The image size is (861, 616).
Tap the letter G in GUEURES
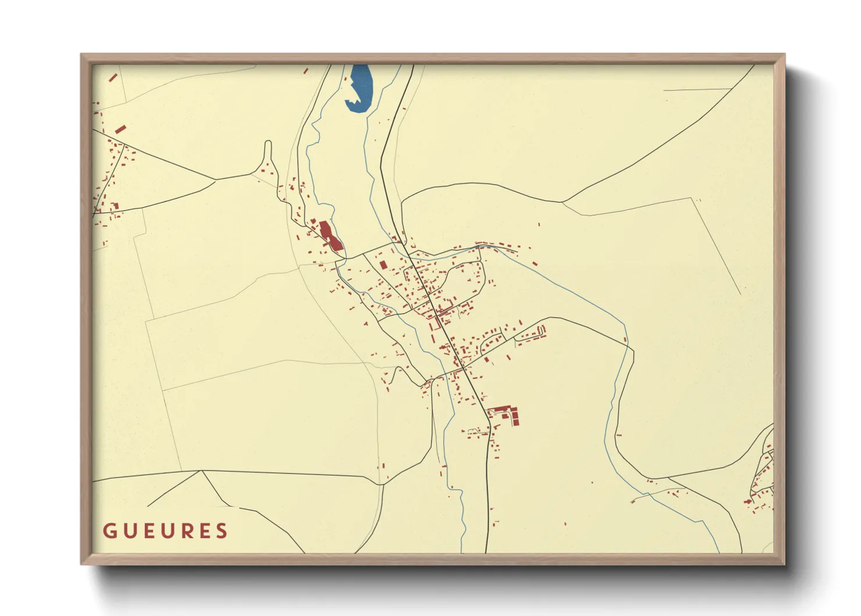(109, 531)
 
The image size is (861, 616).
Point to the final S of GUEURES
(221, 531)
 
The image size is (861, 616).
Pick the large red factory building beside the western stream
(329, 236)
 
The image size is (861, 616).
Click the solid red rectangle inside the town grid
(383, 265)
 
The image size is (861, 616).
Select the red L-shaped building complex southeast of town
(505, 413)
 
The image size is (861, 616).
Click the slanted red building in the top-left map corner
(113, 77)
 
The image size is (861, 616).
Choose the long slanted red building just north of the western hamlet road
(120, 129)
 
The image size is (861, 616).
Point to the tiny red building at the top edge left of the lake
(306, 70)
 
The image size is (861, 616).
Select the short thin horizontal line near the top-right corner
(697, 90)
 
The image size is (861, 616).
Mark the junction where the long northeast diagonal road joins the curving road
(562, 202)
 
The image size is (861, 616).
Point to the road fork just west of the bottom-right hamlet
(668, 479)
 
